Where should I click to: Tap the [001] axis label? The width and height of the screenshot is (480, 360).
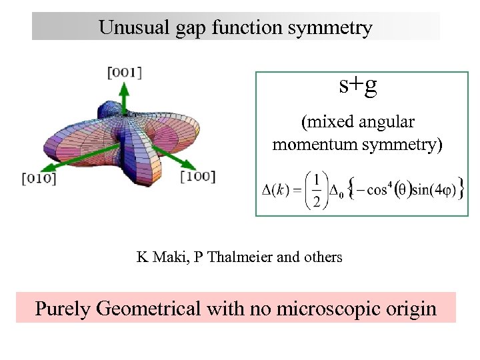coord(125,73)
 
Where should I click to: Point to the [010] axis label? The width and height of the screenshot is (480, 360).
coord(39,177)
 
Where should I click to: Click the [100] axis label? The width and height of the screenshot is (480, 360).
coord(198,176)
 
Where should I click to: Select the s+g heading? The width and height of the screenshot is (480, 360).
coord(358,85)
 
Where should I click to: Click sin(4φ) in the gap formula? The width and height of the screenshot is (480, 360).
coord(431,191)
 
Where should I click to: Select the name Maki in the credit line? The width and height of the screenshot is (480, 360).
coord(169,256)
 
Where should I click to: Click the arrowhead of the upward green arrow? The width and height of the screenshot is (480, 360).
coord(125,87)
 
